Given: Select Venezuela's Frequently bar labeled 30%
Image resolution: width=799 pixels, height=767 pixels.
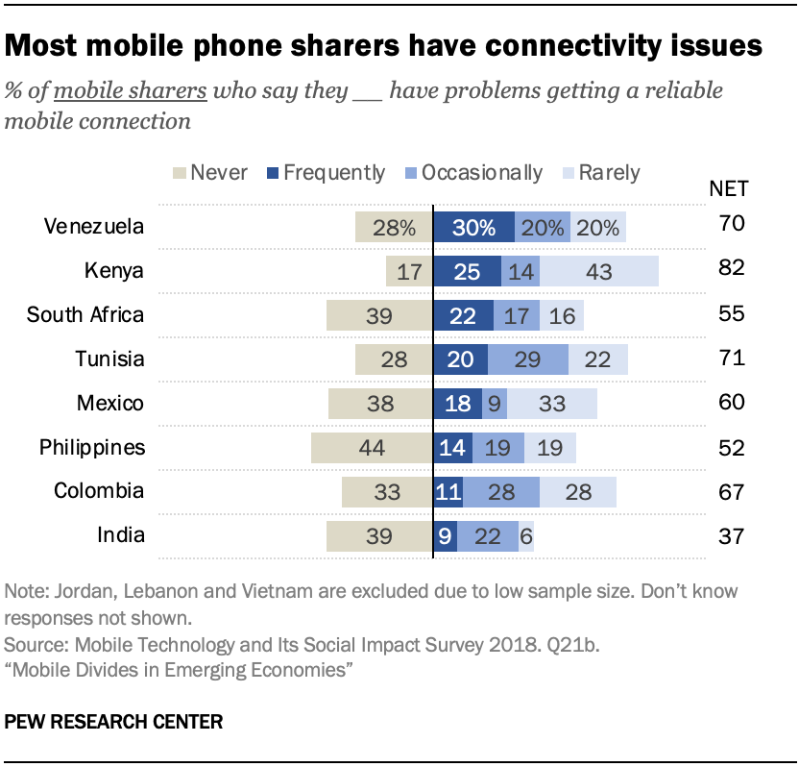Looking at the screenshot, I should click(473, 228).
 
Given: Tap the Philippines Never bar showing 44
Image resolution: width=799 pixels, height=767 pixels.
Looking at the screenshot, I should click(372, 447).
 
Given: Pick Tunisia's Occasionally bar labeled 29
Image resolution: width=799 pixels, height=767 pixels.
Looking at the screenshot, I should click(528, 359).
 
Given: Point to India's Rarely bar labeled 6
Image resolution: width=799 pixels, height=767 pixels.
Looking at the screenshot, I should click(526, 535).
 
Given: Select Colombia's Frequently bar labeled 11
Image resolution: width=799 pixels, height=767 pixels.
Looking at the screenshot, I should click(448, 491).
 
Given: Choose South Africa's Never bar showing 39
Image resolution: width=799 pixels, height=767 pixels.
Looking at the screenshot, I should click(379, 315).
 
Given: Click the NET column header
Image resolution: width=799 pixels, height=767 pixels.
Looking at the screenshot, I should click(733, 187).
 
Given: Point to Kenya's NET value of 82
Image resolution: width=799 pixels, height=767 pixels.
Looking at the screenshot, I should click(732, 269).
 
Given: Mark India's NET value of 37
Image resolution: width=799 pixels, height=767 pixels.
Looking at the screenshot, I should click(732, 534).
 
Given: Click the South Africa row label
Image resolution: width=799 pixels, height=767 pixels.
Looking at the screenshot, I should click(85, 314).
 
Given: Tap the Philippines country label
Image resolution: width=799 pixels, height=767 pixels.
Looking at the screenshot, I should click(92, 447).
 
